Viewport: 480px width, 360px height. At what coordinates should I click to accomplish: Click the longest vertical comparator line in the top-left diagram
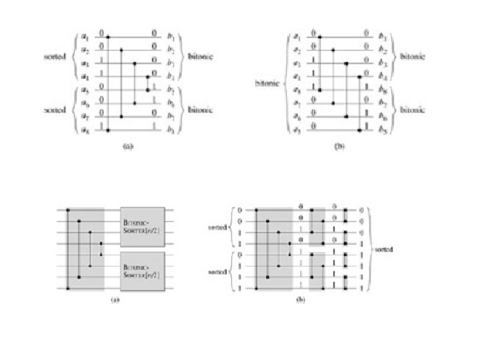[109, 82]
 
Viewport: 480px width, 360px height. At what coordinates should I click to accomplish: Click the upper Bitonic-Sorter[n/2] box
[147, 227]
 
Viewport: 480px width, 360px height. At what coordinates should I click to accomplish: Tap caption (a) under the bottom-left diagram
[115, 299]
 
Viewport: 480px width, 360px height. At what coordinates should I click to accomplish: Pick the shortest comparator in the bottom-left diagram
[101, 249]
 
